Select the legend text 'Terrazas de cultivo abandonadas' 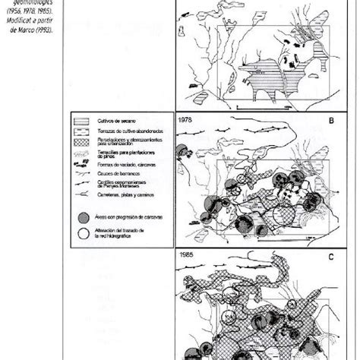click(118, 130)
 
